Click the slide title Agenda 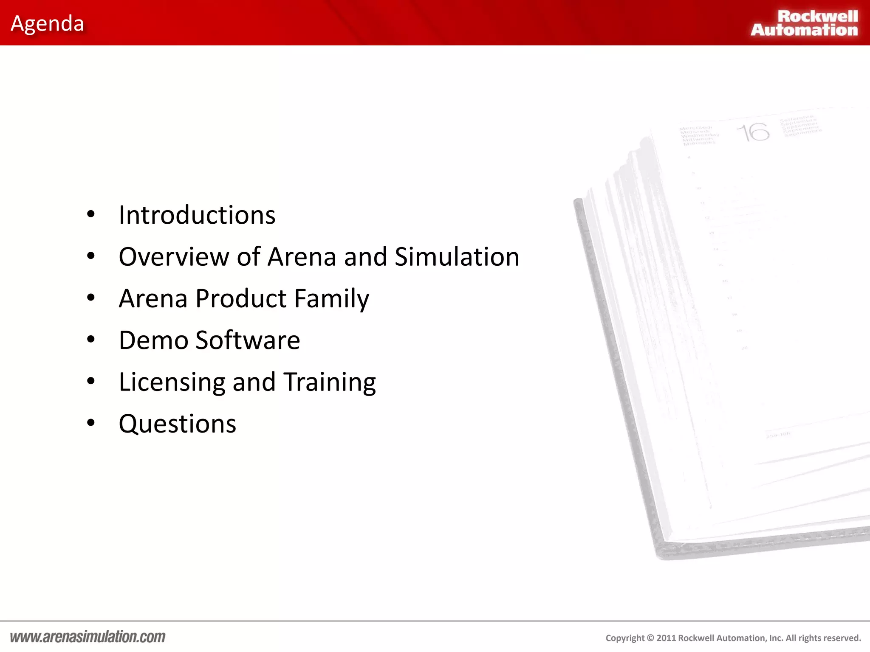coord(47,24)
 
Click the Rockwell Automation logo coord(804,23)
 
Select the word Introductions coord(197,215)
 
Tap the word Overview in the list coord(174,257)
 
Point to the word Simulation coord(457,257)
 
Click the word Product coord(241,298)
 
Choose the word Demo coord(153,340)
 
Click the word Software coord(248,340)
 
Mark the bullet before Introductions coord(90,214)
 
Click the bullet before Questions coord(90,423)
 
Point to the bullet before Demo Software coord(90,340)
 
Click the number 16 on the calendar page coord(753,132)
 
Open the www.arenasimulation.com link coord(88,637)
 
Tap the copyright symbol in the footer coord(650,638)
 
